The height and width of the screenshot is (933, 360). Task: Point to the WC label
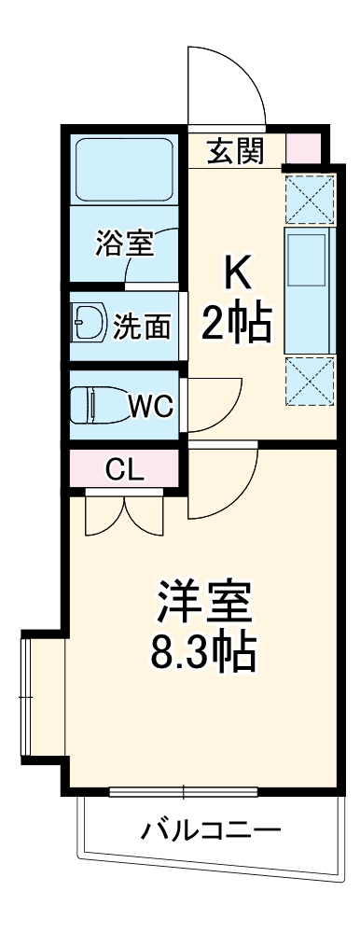click(x=147, y=406)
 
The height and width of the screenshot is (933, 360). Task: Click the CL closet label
click(x=124, y=469)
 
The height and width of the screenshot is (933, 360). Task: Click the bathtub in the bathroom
click(x=124, y=171)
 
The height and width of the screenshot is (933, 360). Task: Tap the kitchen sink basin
click(x=306, y=259)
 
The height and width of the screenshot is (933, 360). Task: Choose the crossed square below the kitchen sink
click(x=309, y=381)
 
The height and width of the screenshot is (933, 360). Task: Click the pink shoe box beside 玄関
click(x=301, y=149)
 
